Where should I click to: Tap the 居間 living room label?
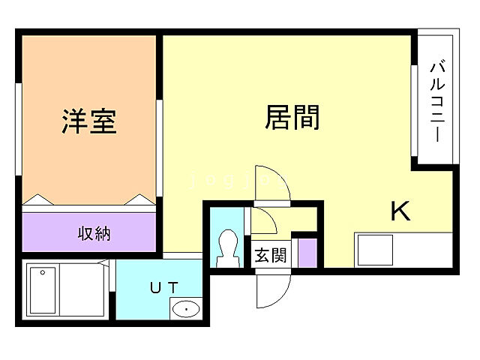pyautogui.click(x=292, y=117)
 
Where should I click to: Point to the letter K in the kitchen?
pyautogui.click(x=400, y=212)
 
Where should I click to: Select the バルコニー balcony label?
pyautogui.click(x=436, y=104)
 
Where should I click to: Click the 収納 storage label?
pyautogui.click(x=94, y=233)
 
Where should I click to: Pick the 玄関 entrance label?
pyautogui.click(x=270, y=255)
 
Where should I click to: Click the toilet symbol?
pyautogui.click(x=224, y=248)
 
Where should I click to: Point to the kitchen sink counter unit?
pyautogui.click(x=374, y=249)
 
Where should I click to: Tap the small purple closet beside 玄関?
pyautogui.click(x=307, y=252)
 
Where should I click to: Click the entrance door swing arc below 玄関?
pyautogui.click(x=274, y=287)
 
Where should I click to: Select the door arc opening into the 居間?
pyautogui.click(x=271, y=184)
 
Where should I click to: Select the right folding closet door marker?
pyautogui.click(x=139, y=199)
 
